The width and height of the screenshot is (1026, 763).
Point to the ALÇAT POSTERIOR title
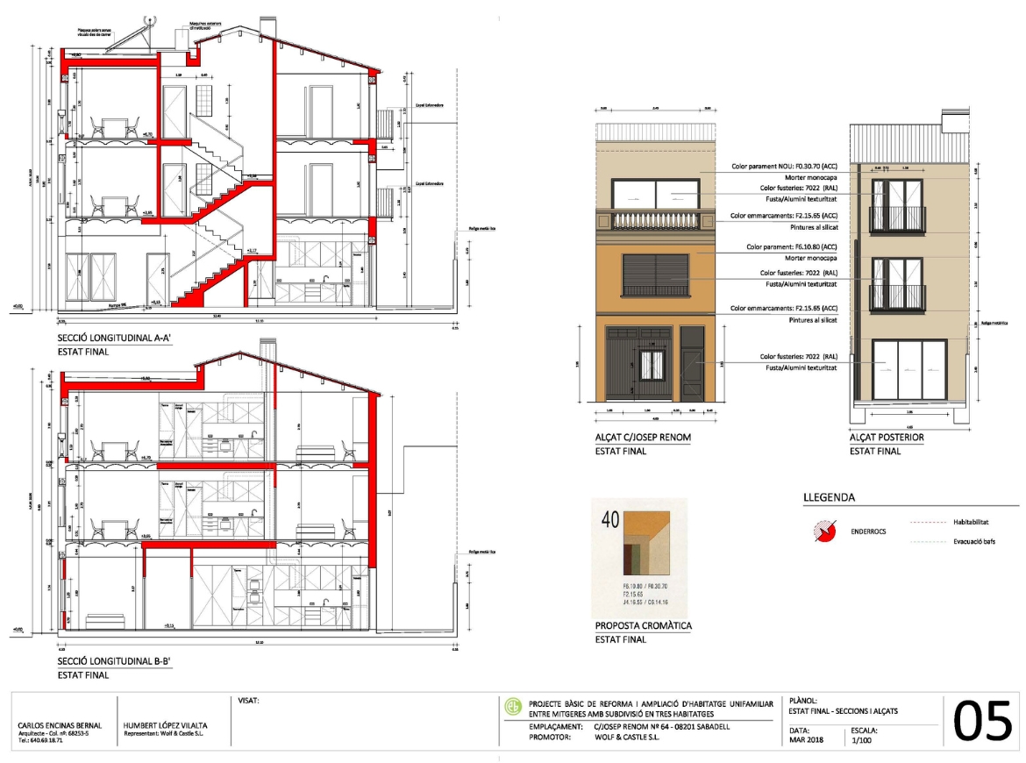[887, 437]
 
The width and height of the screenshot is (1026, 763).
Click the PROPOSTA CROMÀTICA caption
[644, 625]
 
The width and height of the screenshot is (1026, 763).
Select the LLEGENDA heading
[829, 498]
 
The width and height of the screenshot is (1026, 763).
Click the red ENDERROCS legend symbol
[823, 530]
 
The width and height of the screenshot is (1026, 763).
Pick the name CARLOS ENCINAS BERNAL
[61, 725]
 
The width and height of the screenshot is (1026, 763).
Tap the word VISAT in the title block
[249, 701]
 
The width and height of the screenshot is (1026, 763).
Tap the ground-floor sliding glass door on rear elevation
[909, 368]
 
